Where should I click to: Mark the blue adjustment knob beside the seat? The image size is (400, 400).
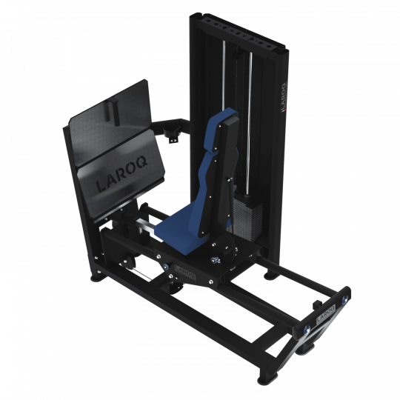point(216,259)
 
